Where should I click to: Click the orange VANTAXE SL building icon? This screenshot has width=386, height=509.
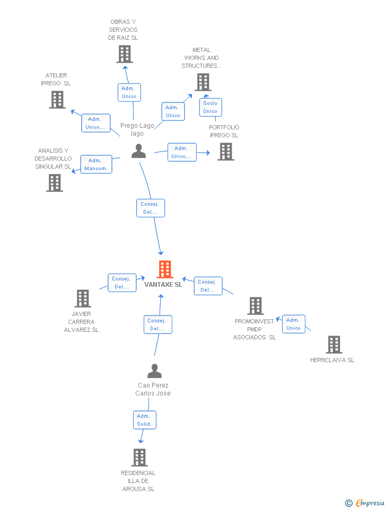coord(165,269)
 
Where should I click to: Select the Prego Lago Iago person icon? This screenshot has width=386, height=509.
coord(138,151)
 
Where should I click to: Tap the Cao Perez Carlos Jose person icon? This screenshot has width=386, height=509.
coord(154,371)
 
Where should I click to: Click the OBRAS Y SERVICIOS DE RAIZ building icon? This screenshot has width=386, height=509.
coord(125,54)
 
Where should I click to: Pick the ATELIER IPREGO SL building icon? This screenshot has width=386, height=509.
coord(57,100)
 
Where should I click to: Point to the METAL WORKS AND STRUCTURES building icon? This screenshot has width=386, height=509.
coord(203,82)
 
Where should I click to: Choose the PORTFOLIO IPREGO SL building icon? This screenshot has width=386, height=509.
coord(226,152)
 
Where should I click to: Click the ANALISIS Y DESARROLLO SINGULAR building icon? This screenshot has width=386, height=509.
coord(55,183)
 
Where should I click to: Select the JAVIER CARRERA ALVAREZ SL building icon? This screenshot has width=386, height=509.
coord(83,299)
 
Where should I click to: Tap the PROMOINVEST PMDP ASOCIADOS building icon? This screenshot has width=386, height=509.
coord(256,306)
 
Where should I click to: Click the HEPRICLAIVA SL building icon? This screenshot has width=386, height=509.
coord(334,345)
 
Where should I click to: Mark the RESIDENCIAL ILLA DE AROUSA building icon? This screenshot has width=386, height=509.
coord(139,457)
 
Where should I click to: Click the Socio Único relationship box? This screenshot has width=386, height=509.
coord(210,107)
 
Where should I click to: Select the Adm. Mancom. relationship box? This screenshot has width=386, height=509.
coord(96,164)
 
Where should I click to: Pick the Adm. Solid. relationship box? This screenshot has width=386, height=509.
coord(144,420)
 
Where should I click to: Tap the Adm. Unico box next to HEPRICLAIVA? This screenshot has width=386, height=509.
coord(293,324)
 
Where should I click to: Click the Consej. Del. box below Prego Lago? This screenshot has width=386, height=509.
coord(151,208)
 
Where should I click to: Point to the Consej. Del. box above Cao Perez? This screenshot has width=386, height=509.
coord(157,324)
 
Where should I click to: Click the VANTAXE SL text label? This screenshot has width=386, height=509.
coord(163,285)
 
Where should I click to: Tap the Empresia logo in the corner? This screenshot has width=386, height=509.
coord(365,503)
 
